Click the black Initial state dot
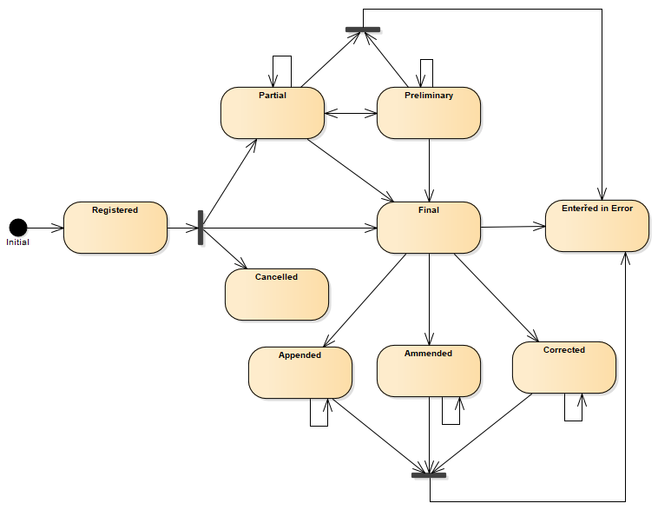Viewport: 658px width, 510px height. point(18,228)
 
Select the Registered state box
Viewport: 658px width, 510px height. point(115,228)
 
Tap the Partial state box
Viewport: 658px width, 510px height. point(273,113)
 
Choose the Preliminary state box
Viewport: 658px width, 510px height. point(429,113)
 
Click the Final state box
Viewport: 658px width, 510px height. point(429,228)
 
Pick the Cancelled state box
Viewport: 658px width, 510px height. point(277,295)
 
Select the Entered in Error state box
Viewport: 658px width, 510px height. point(597,226)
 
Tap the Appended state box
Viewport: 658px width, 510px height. point(300,373)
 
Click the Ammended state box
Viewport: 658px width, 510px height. point(429,371)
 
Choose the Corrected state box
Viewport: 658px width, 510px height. point(564,368)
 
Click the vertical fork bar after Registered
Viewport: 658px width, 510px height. point(201,228)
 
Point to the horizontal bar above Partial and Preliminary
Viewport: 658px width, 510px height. point(363,30)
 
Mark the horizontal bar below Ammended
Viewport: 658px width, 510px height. point(429,475)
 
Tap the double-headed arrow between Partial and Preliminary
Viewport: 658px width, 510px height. point(351,112)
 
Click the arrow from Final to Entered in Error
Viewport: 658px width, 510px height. point(513,227)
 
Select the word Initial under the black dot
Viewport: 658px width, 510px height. point(18,242)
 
